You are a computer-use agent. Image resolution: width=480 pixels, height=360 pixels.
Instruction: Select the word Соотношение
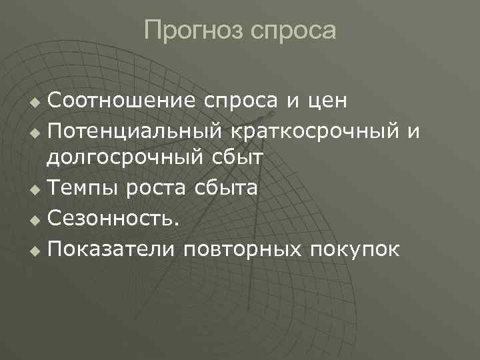(x=121, y=101)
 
